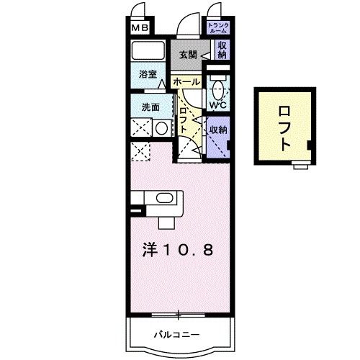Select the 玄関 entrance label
point(188,54)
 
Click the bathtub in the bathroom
point(150,51)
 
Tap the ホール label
point(186,82)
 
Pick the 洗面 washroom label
point(150,107)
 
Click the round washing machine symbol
point(161,129)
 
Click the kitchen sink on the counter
point(163,199)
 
